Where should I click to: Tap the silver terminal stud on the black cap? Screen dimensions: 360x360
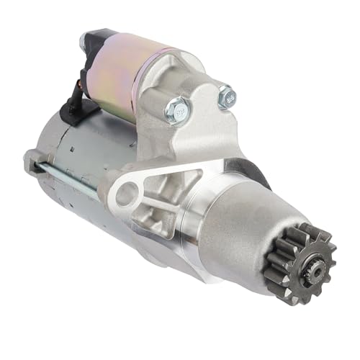(90, 36)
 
